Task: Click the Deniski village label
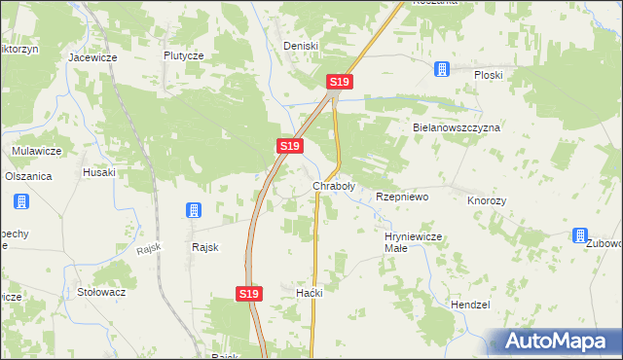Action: [301, 46]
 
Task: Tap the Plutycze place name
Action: [183, 55]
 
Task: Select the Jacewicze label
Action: [92, 57]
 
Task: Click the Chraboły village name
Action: [333, 185]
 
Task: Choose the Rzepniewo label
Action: [402, 197]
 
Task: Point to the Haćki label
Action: [309, 293]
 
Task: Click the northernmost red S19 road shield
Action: [338, 83]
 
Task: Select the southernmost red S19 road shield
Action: [249, 293]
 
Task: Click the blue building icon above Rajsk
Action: [193, 210]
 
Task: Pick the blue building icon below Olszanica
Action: [20, 202]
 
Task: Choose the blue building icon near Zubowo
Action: [580, 235]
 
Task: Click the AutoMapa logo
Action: [552, 341]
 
